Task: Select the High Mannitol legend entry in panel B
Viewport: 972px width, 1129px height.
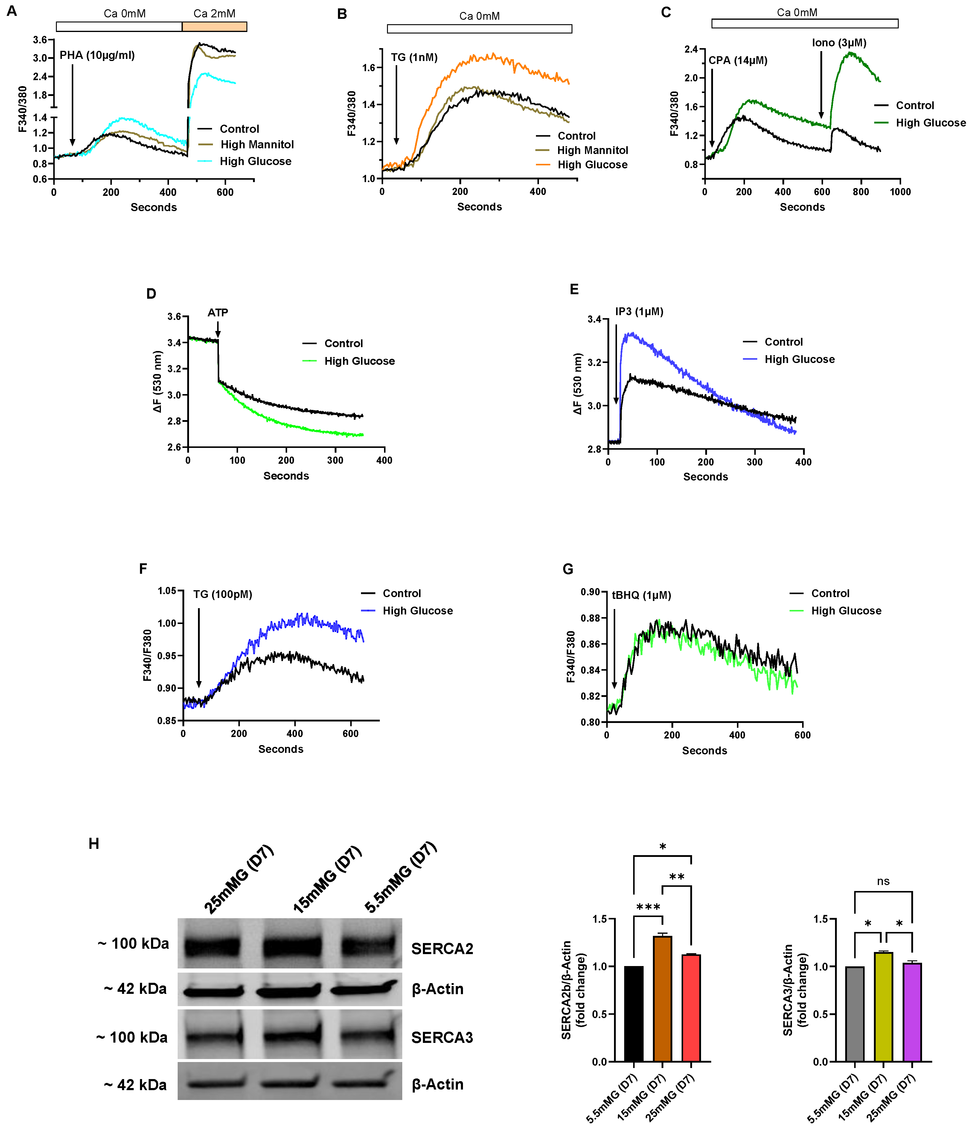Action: tap(592, 150)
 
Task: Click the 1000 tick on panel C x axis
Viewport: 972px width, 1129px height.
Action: tap(900, 192)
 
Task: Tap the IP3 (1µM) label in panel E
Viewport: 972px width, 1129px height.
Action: tap(639, 312)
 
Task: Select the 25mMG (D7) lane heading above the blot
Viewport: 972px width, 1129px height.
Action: tap(238, 879)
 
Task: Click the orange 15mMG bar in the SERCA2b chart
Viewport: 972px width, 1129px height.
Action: tap(662, 998)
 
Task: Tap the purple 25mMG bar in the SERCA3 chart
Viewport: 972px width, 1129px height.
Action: tap(912, 1012)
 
